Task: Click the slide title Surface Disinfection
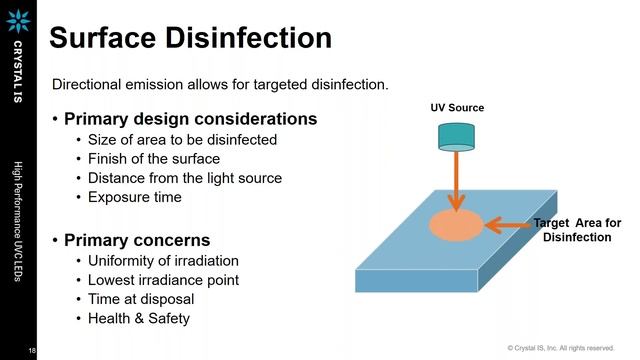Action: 190,38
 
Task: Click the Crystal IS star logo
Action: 18,20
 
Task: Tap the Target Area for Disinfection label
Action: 577,229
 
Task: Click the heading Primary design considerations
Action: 190,119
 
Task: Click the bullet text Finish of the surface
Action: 154,159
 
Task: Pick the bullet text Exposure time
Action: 135,197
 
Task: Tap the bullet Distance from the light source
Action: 185,178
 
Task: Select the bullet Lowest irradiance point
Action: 164,280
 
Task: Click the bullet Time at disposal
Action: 141,299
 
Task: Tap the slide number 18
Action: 32,349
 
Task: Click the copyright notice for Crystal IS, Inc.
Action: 560,348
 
